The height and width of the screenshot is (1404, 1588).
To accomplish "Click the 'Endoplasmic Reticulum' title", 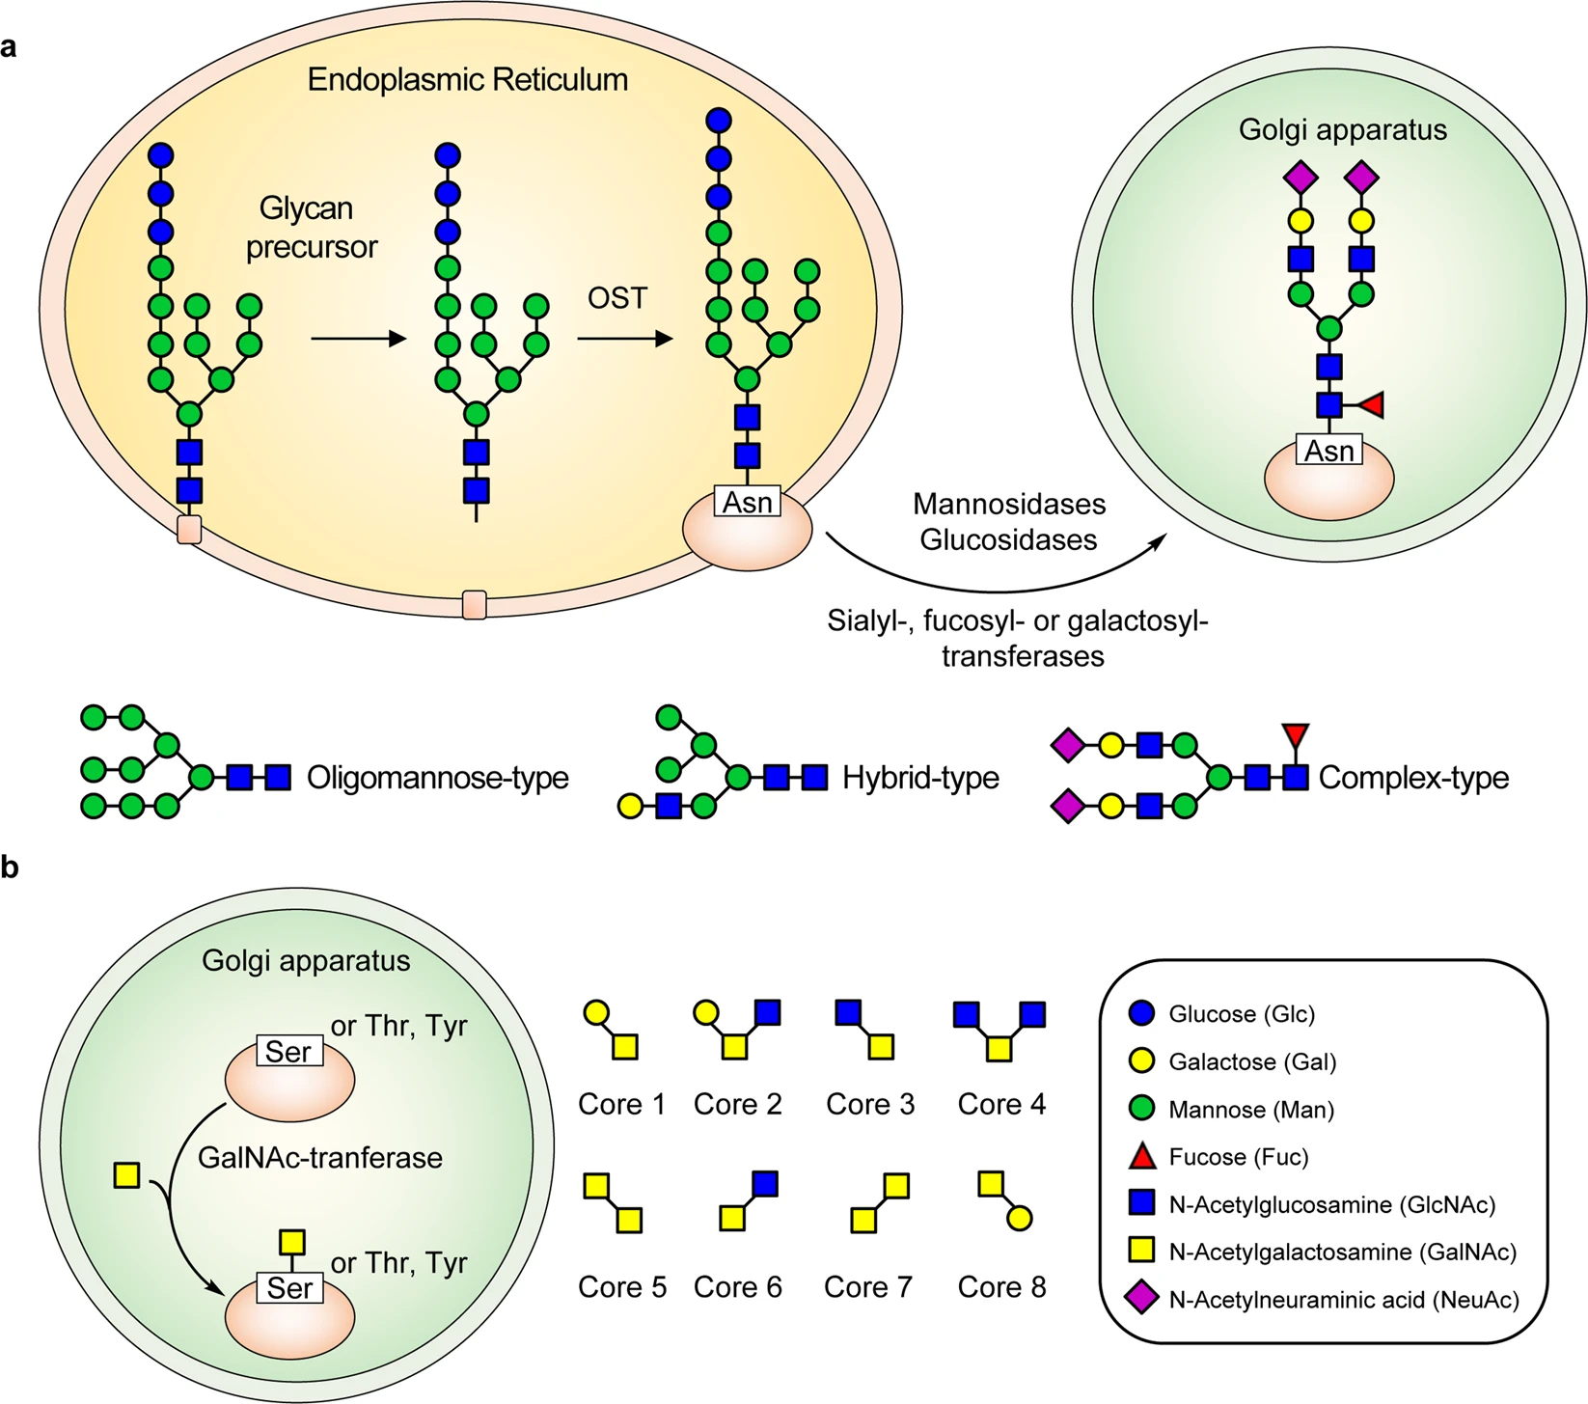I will [x=467, y=79].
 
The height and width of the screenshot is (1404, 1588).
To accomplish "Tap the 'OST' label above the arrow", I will [x=616, y=298].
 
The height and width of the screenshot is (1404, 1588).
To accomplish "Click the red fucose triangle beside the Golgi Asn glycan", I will [x=1372, y=405].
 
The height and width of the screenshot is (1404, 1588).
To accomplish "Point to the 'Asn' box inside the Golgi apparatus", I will [x=1328, y=451].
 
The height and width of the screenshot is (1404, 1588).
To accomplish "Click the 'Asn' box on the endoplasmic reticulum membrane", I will [x=747, y=502].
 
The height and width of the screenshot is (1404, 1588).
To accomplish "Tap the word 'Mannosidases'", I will [x=1009, y=505].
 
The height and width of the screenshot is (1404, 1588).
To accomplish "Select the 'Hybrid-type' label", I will [x=920, y=778].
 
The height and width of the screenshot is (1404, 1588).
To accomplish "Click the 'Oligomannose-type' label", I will [x=437, y=778].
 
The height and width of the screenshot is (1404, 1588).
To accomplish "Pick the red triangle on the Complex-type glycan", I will [x=1295, y=736].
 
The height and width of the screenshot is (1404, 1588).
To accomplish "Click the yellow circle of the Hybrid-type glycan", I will [x=630, y=806].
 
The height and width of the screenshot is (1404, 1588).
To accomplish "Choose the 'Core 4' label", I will [x=1001, y=1104].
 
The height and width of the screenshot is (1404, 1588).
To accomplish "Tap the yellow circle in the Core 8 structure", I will [x=1019, y=1218].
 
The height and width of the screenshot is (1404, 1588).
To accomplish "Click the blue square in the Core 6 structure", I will [x=765, y=1183].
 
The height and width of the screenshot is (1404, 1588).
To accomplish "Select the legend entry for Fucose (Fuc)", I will [x=1238, y=1157].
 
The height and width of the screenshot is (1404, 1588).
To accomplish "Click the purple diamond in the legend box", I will [x=1141, y=1300].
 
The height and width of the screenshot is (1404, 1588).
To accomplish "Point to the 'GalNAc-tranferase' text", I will [x=319, y=1158].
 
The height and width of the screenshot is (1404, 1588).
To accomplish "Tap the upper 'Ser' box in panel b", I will [x=288, y=1051].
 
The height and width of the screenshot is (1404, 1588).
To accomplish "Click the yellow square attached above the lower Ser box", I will [x=291, y=1242].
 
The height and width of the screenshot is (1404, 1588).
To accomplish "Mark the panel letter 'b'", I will [x=10, y=867].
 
